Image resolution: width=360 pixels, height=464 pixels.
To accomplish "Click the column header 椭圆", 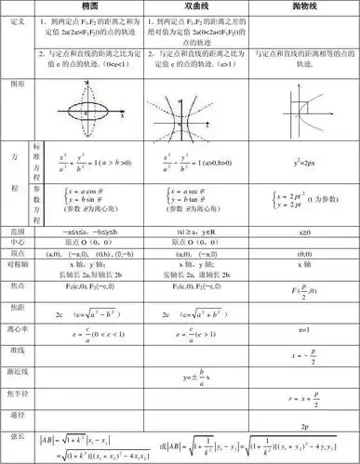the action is tap(91, 6).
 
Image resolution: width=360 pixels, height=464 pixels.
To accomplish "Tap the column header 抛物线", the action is tap(304, 6).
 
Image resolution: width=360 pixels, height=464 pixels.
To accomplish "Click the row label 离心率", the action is tap(17, 329).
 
